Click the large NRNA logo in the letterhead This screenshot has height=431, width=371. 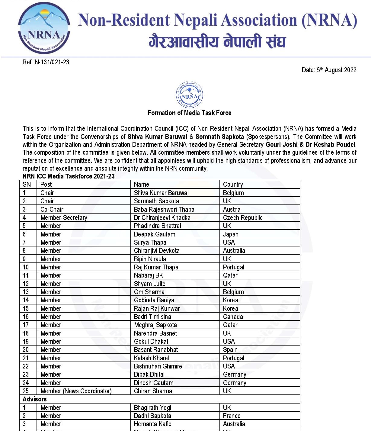[x=44, y=28]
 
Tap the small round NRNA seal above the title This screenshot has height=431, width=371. [x=189, y=95]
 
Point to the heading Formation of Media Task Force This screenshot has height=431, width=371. [x=189, y=113]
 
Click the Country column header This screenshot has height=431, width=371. [x=233, y=185]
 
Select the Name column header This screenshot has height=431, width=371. [x=141, y=185]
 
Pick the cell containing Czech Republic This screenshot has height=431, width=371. [x=242, y=218]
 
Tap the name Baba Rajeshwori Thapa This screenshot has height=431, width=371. [x=164, y=210]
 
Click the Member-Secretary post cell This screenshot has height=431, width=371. [x=64, y=218]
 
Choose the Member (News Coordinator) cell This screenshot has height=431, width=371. [x=76, y=391]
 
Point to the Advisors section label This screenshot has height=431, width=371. [x=34, y=399]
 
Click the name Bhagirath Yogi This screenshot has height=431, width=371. [x=152, y=408]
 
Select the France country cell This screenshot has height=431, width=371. [x=232, y=416]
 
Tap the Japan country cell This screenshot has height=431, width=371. [x=231, y=234]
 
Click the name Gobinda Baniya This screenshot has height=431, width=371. [x=154, y=300]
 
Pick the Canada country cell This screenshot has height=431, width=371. [x=233, y=317]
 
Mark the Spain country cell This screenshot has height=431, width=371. [x=230, y=350]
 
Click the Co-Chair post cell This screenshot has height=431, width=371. [x=52, y=210]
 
